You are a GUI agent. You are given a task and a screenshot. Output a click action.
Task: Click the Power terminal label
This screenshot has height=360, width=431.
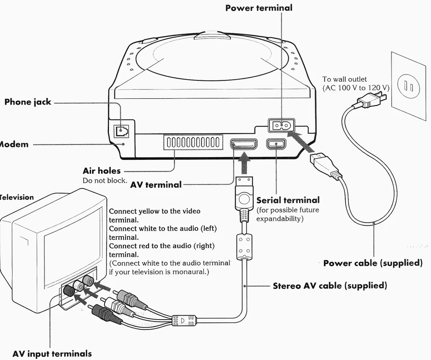259,8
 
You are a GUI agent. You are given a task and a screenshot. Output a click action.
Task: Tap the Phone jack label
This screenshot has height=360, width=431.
27,102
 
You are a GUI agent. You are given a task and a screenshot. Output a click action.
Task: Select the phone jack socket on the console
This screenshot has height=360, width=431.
121,131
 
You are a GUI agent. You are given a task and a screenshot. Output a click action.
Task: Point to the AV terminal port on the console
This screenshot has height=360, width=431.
243,145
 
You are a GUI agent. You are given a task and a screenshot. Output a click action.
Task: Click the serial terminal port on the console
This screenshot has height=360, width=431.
275,145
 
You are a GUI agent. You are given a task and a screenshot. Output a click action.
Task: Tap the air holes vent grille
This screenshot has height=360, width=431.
193,143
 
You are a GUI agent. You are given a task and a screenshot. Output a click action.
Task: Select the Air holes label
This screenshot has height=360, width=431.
101,171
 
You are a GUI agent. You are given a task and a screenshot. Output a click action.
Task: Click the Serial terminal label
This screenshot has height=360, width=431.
288,200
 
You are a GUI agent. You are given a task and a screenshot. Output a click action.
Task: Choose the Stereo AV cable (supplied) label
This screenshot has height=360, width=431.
330,285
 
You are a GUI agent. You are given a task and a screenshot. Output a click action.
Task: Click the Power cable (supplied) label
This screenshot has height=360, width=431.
373,263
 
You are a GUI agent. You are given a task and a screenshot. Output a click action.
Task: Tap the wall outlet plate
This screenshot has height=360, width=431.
409,85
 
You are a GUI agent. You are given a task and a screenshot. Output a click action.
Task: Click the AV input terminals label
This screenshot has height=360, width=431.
52,354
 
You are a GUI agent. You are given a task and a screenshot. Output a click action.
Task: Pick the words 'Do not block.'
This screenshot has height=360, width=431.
105,180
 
